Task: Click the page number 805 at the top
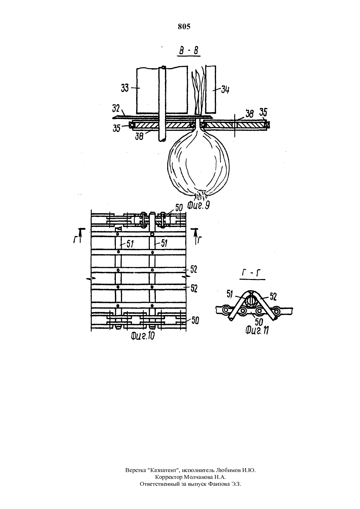pos(184,26)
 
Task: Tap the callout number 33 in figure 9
pos(125,88)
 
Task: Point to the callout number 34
pos(225,90)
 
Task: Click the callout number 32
pos(116,109)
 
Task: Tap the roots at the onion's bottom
pos(200,195)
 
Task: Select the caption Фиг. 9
pos(198,205)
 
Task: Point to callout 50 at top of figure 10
pos(179,208)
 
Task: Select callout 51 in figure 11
pos(230,294)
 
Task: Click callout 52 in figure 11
pos(273,296)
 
